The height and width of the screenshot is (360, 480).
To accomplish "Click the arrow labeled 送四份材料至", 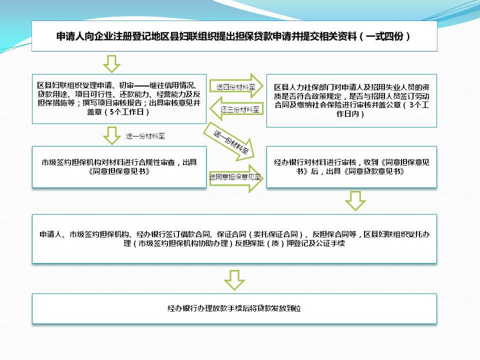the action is [236, 86].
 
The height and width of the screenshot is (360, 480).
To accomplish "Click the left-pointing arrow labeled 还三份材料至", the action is [236, 108].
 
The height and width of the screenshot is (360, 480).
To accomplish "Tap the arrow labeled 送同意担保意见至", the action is [236, 178].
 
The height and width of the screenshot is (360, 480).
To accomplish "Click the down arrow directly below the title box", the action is [111, 63].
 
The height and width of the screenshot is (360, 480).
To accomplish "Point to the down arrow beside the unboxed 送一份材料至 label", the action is [111, 135].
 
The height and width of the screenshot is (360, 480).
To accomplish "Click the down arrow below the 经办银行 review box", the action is [355, 201].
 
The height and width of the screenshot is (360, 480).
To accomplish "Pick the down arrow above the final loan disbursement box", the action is [234, 280].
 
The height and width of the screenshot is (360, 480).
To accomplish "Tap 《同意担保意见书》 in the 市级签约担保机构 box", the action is [119, 171].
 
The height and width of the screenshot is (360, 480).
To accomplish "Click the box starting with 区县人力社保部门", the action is [351, 100].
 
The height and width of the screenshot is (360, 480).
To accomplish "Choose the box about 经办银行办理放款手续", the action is [234, 308].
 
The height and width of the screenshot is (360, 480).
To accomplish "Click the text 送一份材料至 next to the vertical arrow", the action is [145, 136].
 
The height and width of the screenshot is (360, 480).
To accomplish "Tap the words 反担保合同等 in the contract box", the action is [334, 234].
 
